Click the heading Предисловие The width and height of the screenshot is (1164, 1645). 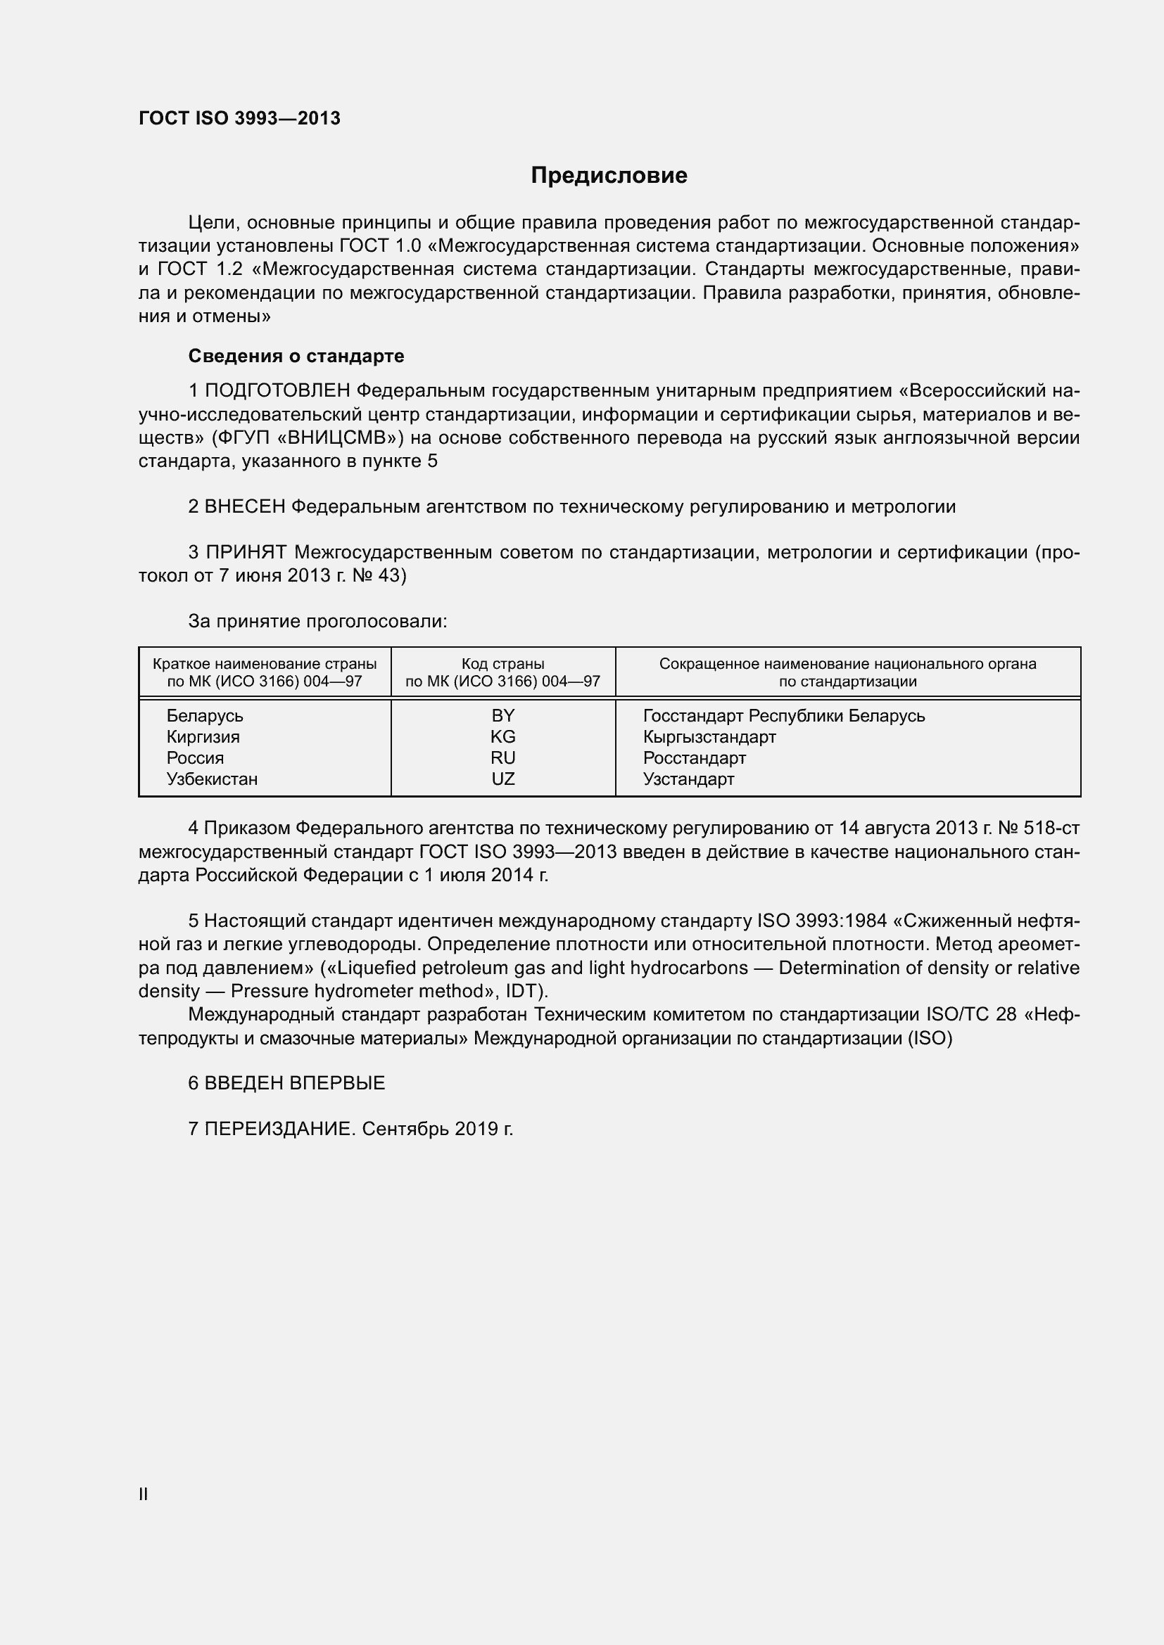[609, 176]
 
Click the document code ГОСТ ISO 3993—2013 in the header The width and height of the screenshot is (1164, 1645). [239, 119]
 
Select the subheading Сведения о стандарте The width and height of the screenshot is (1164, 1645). [296, 356]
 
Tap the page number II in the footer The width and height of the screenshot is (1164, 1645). [144, 1494]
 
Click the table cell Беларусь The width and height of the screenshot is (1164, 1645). [205, 716]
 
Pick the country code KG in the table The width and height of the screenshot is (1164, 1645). [502, 736]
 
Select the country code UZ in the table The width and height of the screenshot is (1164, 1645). [502, 779]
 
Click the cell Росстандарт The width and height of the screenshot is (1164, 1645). [694, 758]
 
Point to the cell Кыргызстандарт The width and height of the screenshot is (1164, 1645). [709, 736]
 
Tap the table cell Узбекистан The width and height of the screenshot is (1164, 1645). [212, 779]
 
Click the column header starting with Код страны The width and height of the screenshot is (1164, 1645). [502, 672]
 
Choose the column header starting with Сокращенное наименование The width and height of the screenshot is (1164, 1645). [847, 672]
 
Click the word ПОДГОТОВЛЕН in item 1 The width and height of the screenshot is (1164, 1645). [277, 391]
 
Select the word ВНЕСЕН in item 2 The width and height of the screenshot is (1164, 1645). [244, 507]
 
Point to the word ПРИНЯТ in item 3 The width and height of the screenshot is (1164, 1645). [246, 552]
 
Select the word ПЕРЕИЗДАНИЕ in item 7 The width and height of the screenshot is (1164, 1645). [279, 1129]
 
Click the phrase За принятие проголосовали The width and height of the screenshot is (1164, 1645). [317, 621]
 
